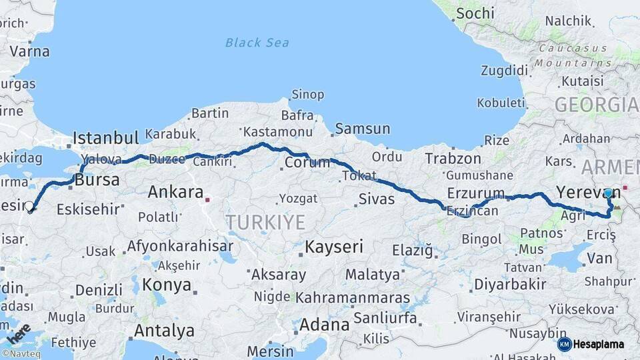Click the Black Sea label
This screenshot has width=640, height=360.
point(257,43)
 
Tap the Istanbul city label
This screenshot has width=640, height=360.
point(105,138)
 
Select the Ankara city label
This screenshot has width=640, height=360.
point(175,192)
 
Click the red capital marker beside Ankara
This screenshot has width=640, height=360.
point(208,199)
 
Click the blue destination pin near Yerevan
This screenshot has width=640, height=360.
point(608,193)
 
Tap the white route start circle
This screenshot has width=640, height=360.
point(29,207)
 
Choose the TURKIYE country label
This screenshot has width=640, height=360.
point(265,222)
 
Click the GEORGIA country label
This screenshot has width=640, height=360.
point(596,105)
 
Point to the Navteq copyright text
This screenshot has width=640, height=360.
point(23,353)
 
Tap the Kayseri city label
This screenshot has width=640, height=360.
point(334,247)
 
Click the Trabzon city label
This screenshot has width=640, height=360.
point(453,159)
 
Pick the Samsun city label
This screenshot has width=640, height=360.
point(363,129)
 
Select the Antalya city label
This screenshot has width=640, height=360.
point(164,331)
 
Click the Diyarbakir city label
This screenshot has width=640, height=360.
point(510,284)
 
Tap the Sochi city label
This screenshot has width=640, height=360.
point(475,13)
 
